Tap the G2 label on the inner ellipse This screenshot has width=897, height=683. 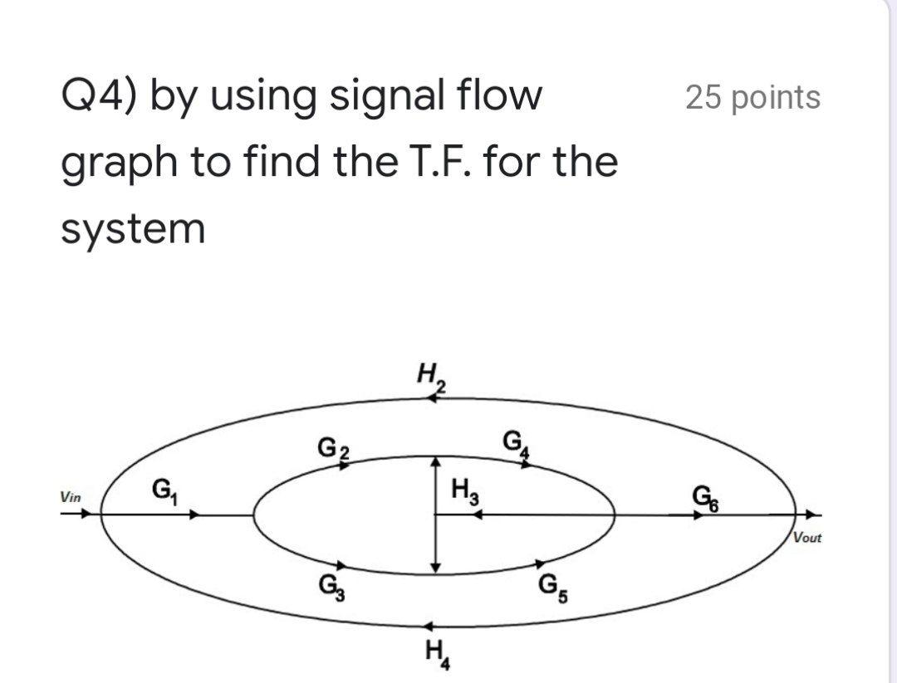pos(334,447)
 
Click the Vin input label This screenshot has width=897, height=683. pos(71,498)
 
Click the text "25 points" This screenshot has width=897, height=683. pos(752,97)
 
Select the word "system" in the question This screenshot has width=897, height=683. pos(133,228)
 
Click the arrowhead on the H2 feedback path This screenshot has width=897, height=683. pos(433,398)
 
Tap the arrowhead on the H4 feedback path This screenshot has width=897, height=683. pos(429,626)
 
